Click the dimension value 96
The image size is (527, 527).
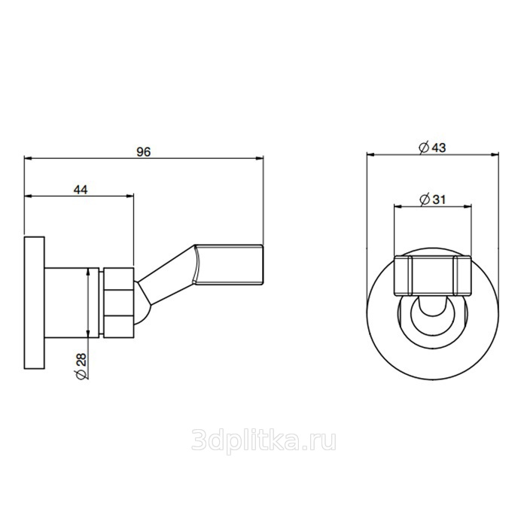coord(144,152)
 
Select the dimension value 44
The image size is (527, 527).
coord(81,190)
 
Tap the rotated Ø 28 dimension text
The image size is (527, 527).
coord(81,366)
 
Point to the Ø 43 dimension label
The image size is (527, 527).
coord(432,148)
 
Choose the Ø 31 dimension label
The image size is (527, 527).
coord(432,200)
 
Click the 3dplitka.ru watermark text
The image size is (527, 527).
coord(263,441)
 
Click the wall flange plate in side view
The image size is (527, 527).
coord(35,303)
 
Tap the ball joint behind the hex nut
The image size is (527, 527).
coord(143,303)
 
